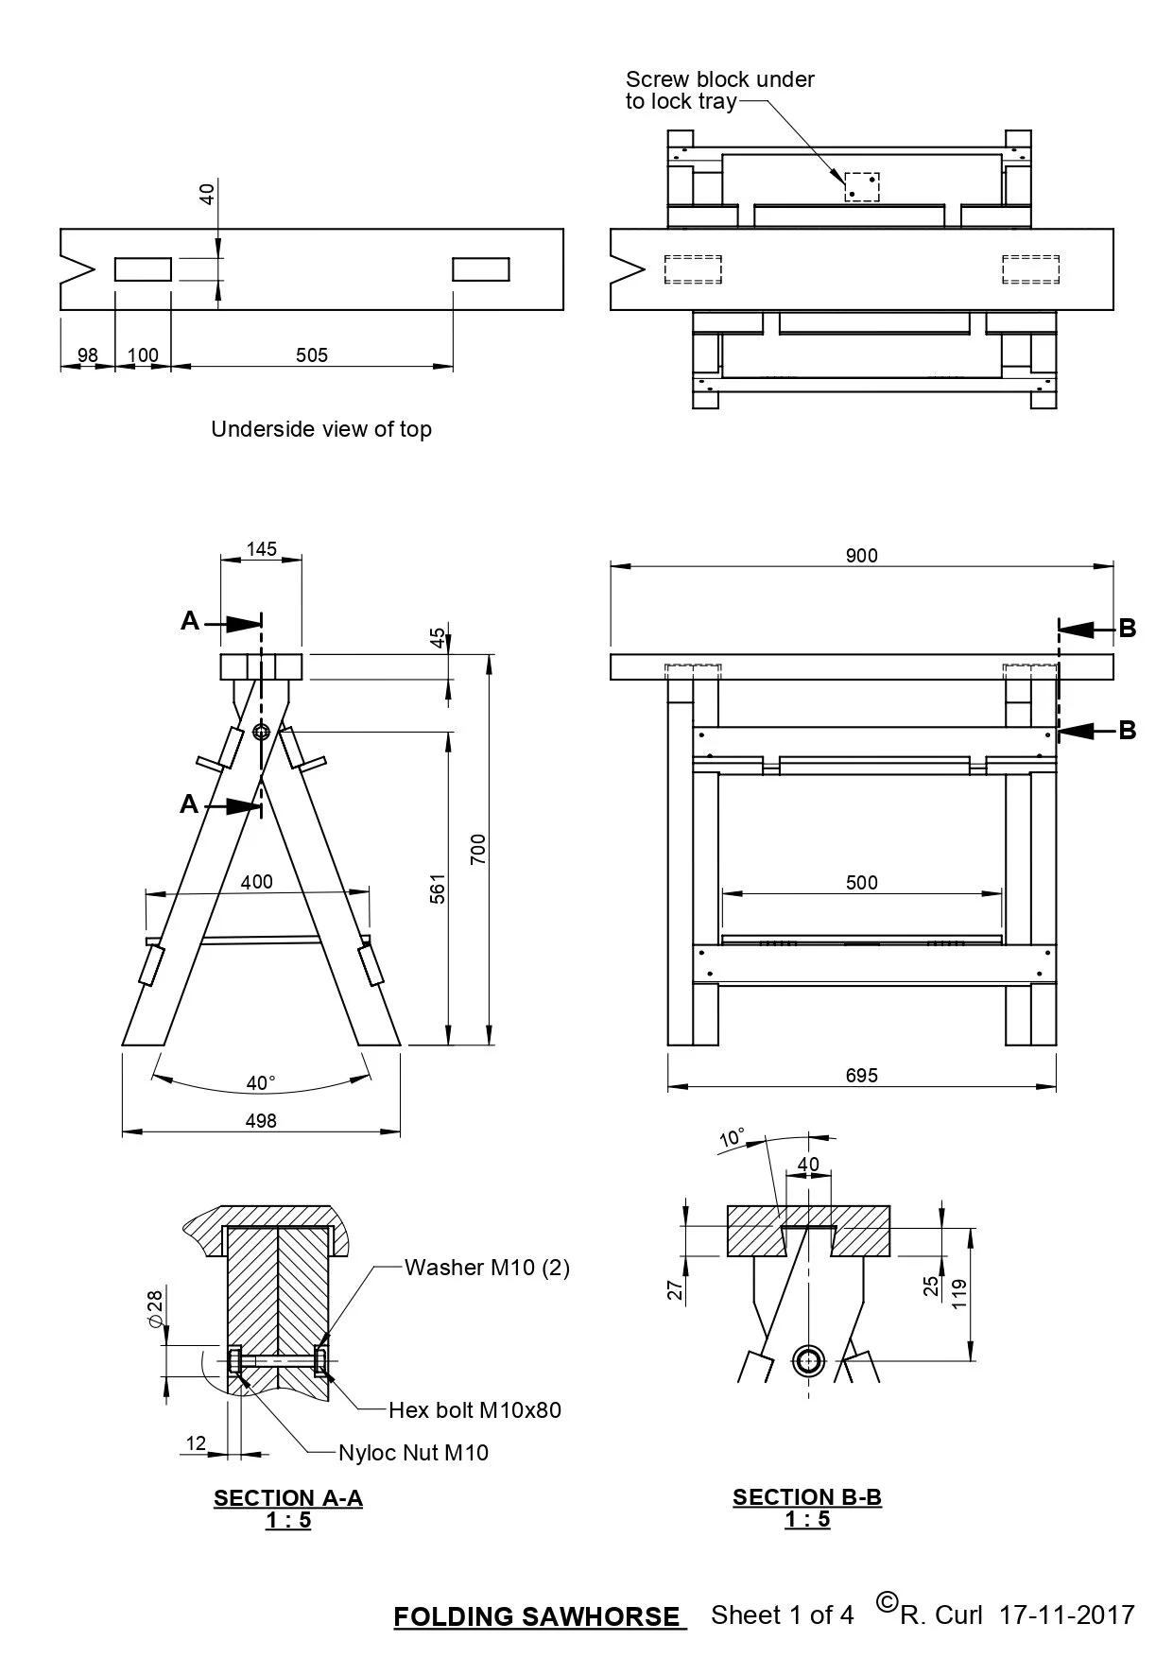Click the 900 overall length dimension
[x=861, y=556]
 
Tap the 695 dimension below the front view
[x=861, y=1075]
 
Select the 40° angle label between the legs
[x=261, y=1083]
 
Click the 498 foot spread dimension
[x=261, y=1121]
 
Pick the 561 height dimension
[x=438, y=889]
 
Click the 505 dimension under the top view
[x=312, y=355]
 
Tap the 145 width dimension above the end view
[x=262, y=549]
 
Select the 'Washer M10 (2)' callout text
[x=487, y=1268]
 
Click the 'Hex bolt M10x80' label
[x=474, y=1410]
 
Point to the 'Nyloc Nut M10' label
[x=413, y=1453]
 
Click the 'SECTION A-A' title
[x=288, y=1498]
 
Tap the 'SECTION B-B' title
[x=807, y=1497]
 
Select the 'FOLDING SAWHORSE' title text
[x=536, y=1617]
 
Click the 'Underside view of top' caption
[x=321, y=429]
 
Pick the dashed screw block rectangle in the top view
[x=861, y=187]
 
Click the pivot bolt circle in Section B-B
[x=808, y=1361]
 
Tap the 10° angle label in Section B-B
[x=732, y=1138]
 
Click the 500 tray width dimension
[x=861, y=883]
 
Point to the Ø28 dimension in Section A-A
[x=156, y=1309]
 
